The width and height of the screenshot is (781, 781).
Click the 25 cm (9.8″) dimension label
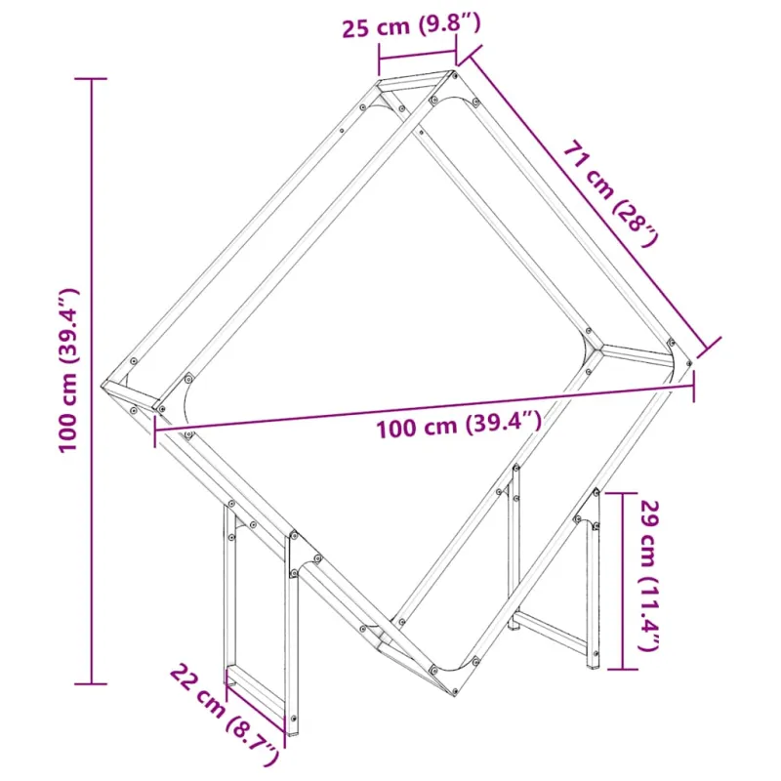click(411, 26)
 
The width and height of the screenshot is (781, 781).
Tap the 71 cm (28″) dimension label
click(611, 194)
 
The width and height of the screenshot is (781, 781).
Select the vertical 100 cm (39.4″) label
click(68, 370)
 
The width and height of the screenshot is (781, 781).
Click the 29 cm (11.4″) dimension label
click(649, 575)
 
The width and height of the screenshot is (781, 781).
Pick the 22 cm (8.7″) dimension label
click(225, 716)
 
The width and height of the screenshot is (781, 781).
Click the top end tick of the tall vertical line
click(91, 79)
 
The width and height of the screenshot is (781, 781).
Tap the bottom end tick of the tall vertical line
click(91, 684)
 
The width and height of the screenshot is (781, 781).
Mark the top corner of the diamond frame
click(454, 72)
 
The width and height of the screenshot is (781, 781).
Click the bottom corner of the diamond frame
click(455, 695)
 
